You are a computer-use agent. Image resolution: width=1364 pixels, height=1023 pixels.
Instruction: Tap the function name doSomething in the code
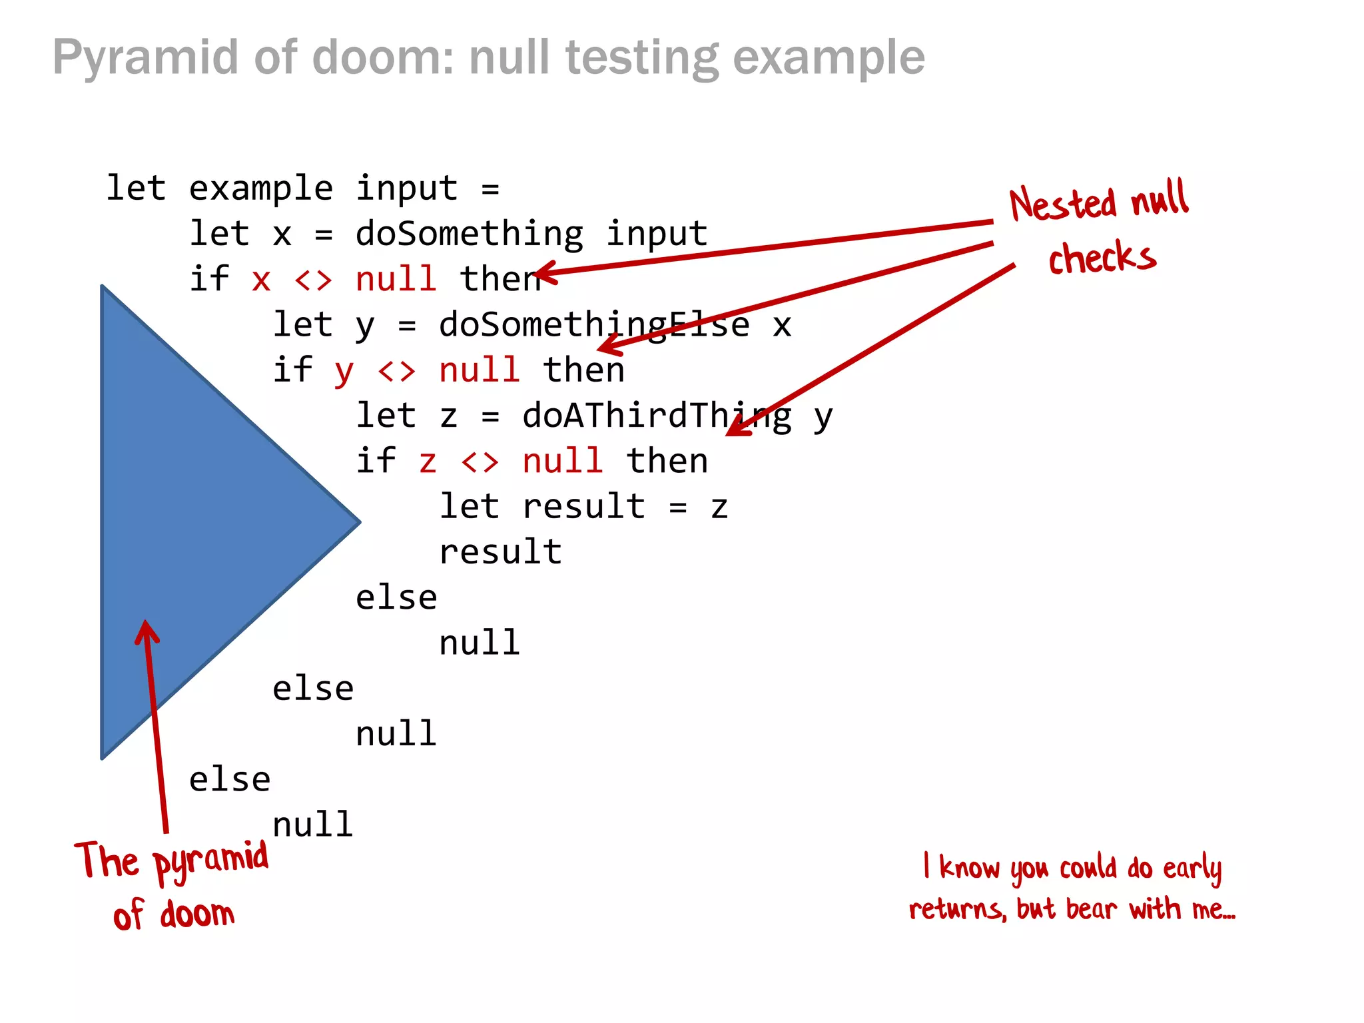click(x=469, y=234)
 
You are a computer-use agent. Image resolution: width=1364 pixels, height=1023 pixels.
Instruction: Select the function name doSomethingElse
click(x=594, y=325)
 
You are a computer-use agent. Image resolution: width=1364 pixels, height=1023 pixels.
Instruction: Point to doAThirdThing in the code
click(x=657, y=416)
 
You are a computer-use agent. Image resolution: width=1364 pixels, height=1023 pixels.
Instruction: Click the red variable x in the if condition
click(x=261, y=280)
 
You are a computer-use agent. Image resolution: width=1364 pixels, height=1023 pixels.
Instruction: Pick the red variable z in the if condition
click(x=428, y=462)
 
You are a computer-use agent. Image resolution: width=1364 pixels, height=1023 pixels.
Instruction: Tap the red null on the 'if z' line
click(x=563, y=461)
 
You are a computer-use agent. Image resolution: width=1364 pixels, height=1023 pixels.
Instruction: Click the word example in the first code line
click(x=260, y=189)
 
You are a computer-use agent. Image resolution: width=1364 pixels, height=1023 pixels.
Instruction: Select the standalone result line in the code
click(x=500, y=552)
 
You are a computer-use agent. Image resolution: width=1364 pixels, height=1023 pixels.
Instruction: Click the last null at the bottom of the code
click(x=312, y=825)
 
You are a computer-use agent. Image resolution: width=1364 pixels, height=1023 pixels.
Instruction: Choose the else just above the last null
click(x=230, y=780)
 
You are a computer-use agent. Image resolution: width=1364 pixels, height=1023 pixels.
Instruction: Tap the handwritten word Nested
click(x=1062, y=204)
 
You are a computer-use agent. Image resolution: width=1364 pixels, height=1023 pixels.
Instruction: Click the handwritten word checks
click(x=1102, y=257)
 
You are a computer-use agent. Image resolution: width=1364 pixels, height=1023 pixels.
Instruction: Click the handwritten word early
click(x=1192, y=868)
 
